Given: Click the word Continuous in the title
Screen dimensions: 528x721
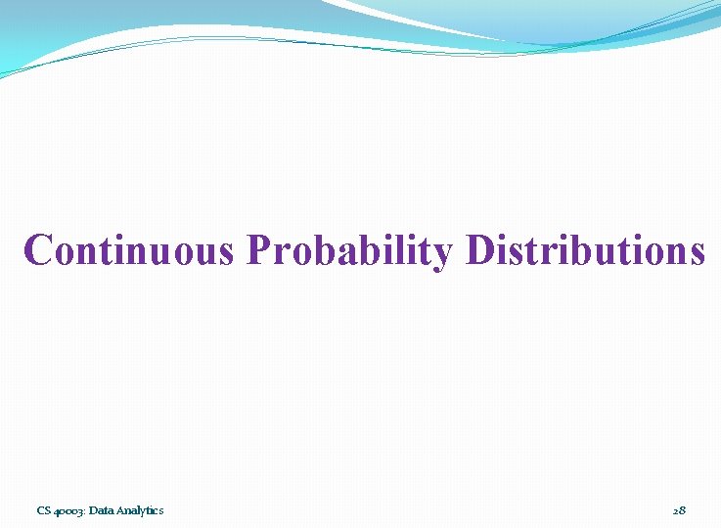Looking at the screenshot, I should click(130, 250).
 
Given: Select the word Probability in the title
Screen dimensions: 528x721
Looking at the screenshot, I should click(350, 251).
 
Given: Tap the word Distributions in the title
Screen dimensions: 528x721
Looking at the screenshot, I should click(585, 250).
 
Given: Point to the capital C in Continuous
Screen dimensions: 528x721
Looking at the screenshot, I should click(38, 250).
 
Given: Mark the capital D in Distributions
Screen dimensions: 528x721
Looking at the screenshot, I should click(481, 250).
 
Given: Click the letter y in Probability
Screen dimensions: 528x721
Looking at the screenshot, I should click(442, 255).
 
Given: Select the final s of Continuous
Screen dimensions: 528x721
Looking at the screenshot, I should click(226, 254).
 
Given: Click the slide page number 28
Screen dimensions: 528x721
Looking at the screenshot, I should click(679, 510).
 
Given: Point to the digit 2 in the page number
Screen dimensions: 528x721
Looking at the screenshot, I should click(675, 510).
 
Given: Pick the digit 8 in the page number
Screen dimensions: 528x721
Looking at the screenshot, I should click(683, 510).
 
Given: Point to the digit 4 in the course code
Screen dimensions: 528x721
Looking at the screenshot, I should click(56, 511).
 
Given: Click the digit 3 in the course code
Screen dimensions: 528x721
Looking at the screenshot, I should click(81, 511).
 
